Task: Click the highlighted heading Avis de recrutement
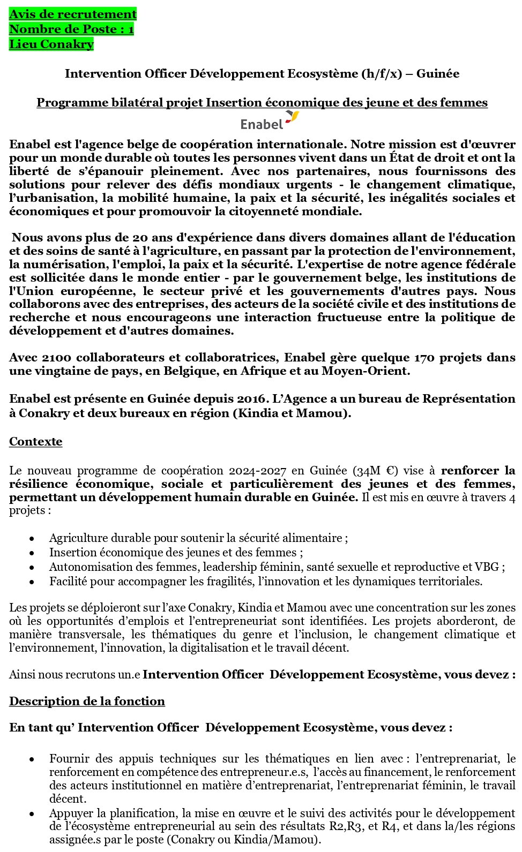pos(73,14)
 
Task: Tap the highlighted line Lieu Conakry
pos(51,44)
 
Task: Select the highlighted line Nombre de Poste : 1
pos(71,29)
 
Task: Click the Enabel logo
pos(270,122)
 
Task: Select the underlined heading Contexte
pos(35,441)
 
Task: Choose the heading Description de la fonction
pos(87,701)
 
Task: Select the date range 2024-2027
pos(258,471)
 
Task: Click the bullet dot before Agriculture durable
pos(32,538)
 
